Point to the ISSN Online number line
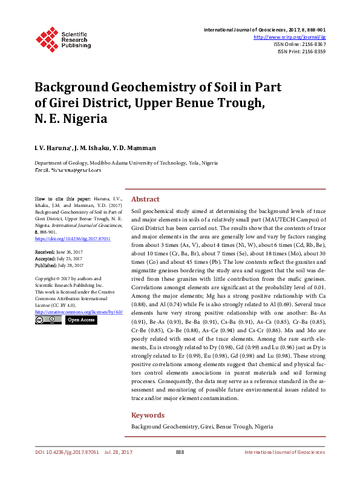pyautogui.click(x=299, y=44)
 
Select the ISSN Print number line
pyautogui.click(x=301, y=51)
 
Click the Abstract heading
pyautogui.click(x=145, y=199)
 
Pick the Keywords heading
pyautogui.click(x=148, y=415)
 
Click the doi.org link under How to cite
pyautogui.click(x=64, y=239)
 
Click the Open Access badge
pyautogui.click(x=80, y=320)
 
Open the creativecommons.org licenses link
pyautogui.click(x=79, y=312)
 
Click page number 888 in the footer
pyautogui.click(x=180, y=452)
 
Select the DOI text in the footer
pyautogui.click(x=58, y=452)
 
